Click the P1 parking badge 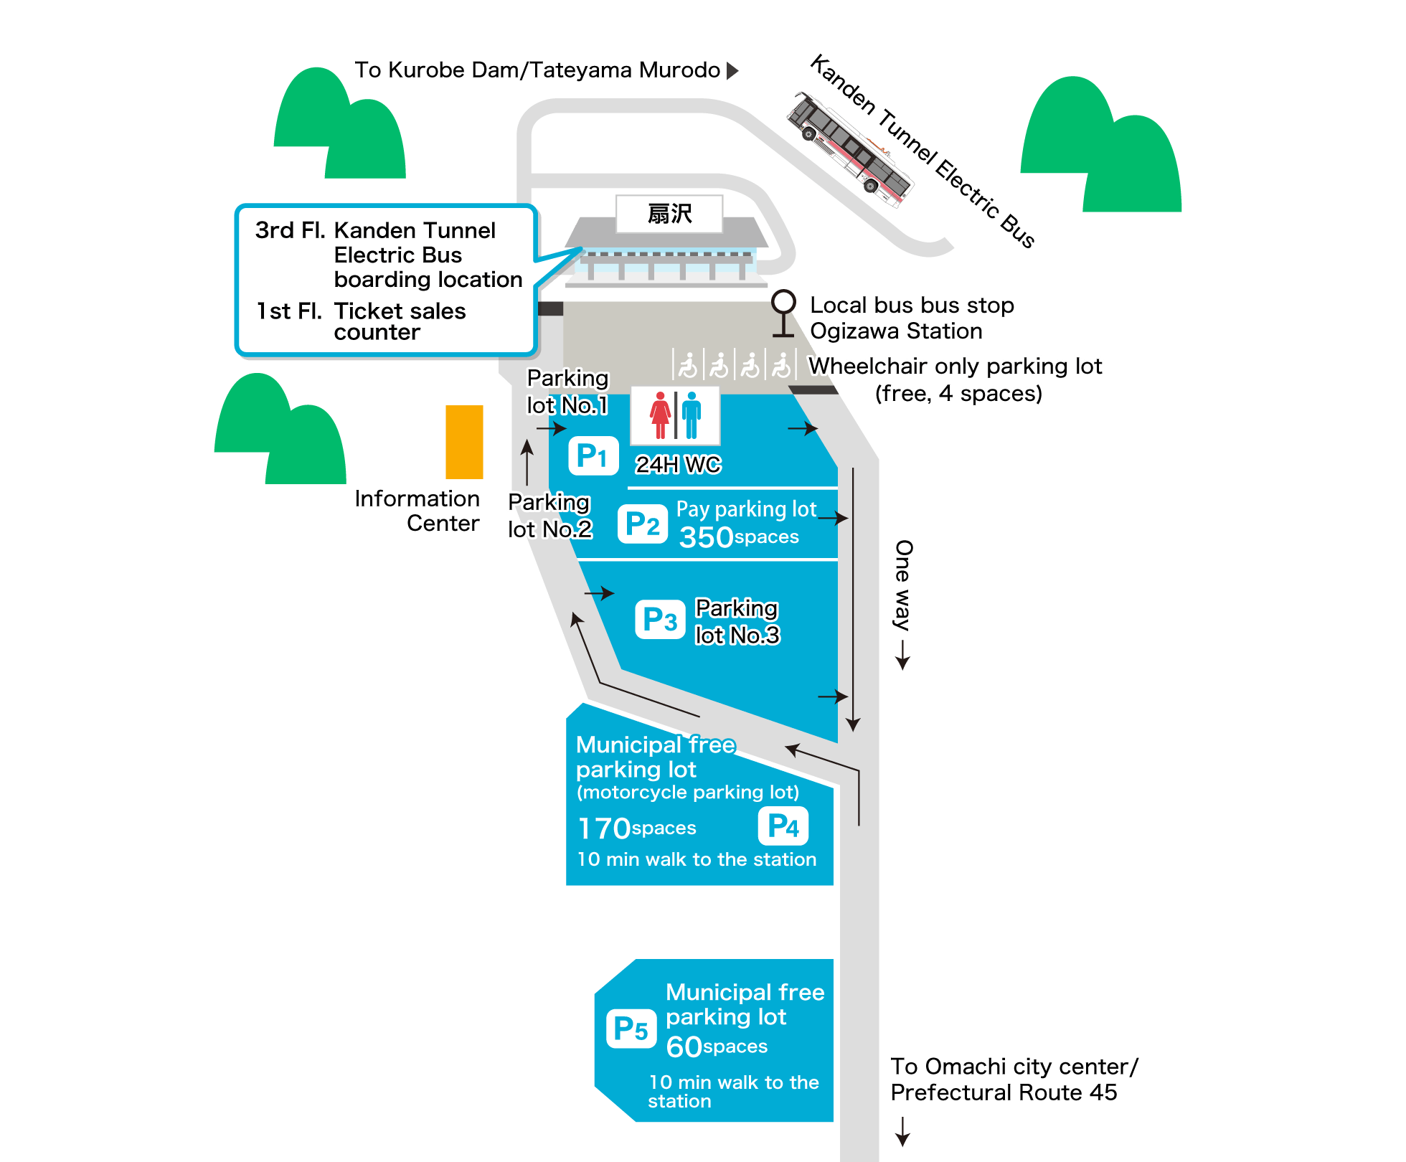point(593,455)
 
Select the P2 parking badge point(642,524)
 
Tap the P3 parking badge point(660,619)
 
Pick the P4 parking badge point(783,826)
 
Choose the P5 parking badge point(631,1029)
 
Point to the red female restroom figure point(660,415)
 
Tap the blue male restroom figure point(692,415)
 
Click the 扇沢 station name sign point(669,214)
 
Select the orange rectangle point(464,442)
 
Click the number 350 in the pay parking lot point(706,537)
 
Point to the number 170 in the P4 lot point(604,828)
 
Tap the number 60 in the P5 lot point(684,1047)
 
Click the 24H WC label point(678,465)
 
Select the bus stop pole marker point(783,313)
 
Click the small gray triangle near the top point(731,71)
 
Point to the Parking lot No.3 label point(737,622)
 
